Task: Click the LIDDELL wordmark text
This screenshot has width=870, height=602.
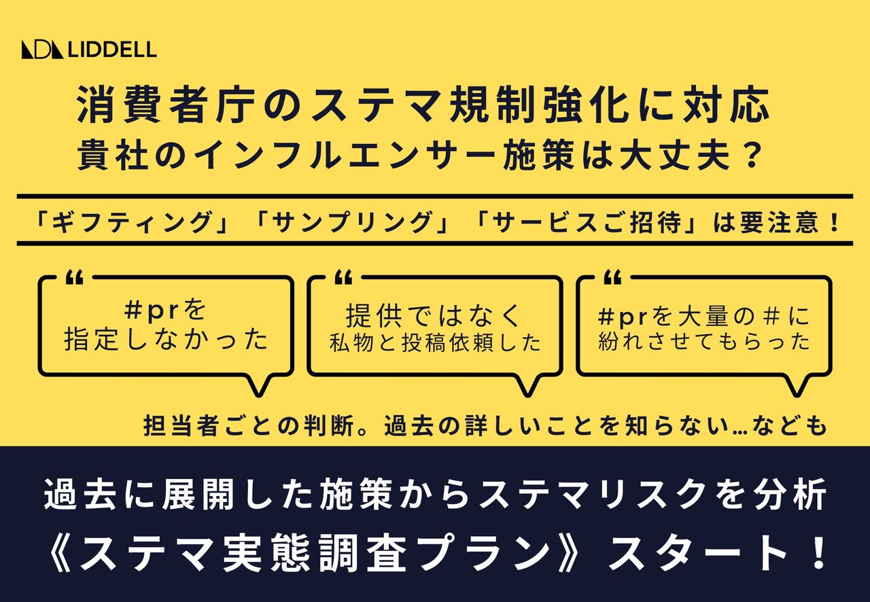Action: pos(113,50)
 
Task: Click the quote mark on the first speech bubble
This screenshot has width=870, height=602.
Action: pos(75,278)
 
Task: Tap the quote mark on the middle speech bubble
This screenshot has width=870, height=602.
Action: pos(343,278)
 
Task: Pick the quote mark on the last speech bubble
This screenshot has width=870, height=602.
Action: pos(612,278)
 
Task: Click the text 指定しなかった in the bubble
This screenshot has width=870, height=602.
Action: pos(167,339)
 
